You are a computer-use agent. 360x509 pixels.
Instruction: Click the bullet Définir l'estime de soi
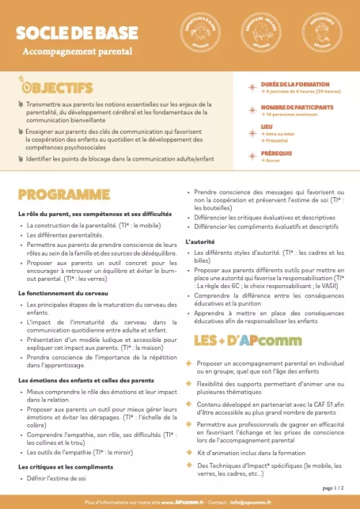point(57,478)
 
